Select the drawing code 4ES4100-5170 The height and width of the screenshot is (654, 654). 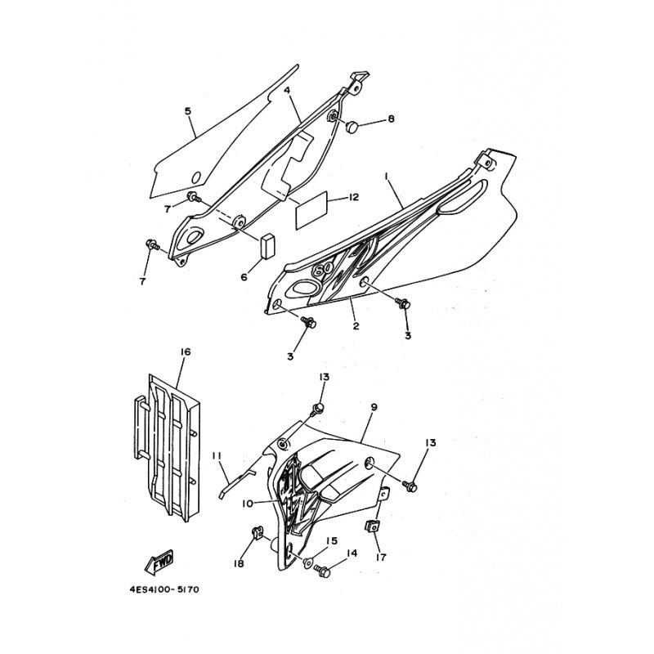coord(164,589)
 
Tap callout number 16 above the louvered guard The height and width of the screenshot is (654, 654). coord(185,352)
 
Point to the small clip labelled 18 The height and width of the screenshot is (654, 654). coord(253,534)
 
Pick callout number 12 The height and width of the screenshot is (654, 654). coord(354,197)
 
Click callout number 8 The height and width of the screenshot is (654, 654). coord(391,119)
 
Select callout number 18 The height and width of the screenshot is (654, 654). coord(239,565)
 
